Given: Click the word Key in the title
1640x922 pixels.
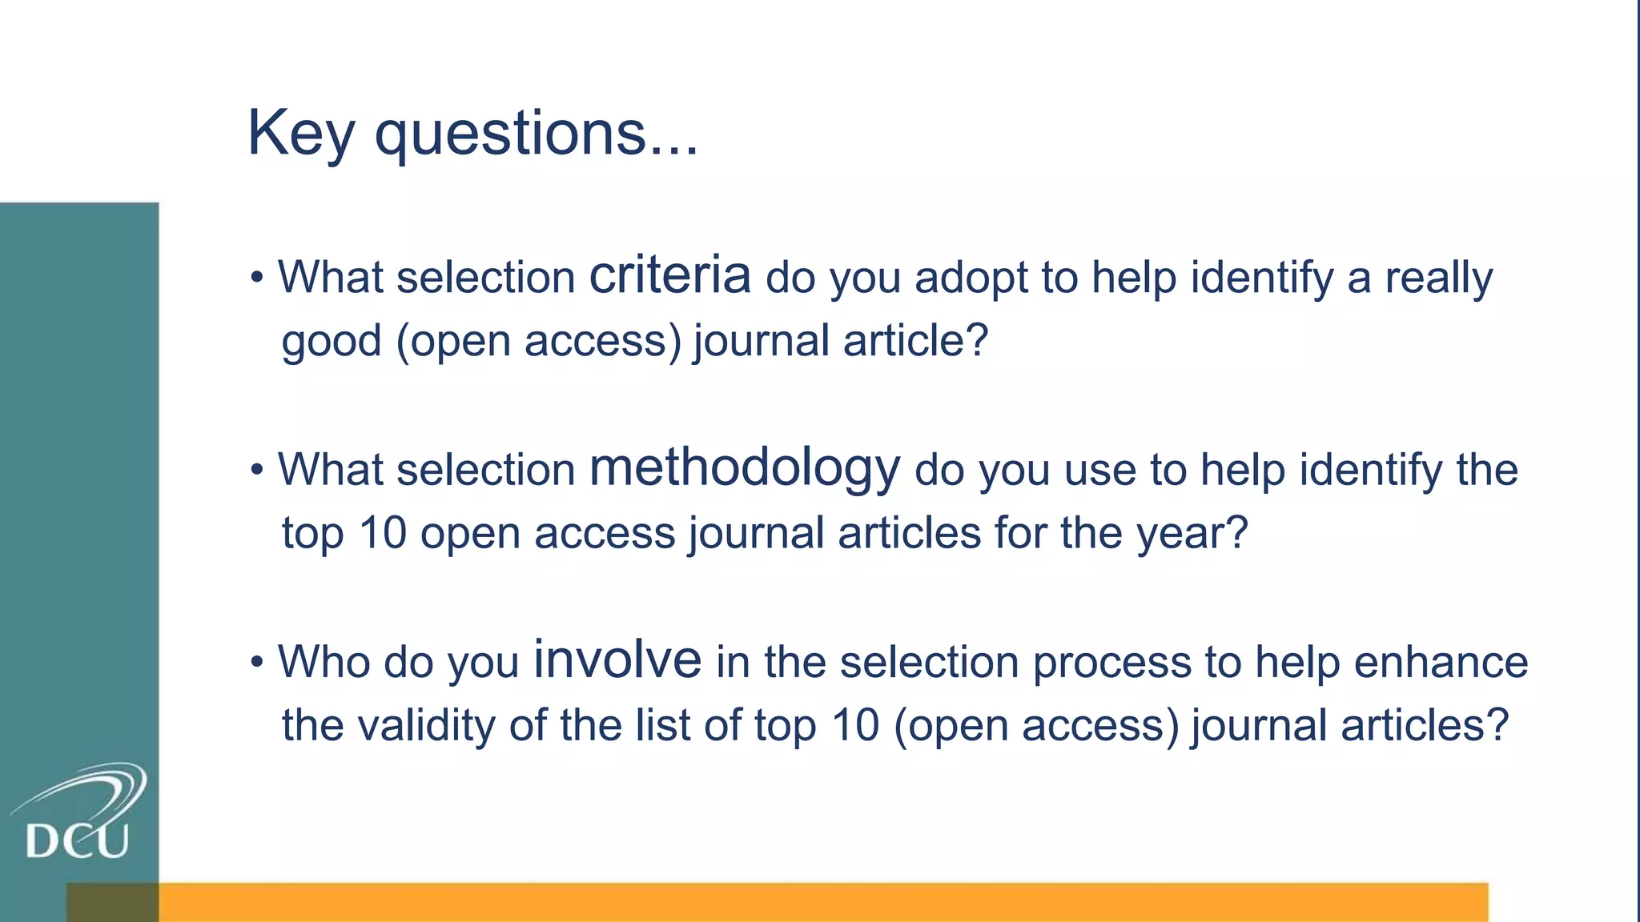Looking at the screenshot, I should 300,134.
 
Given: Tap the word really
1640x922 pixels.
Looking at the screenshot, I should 1438,279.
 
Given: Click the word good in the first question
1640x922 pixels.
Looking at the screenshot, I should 332,342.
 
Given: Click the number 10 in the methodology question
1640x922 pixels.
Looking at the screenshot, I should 383,533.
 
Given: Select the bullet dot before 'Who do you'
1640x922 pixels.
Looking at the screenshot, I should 256,663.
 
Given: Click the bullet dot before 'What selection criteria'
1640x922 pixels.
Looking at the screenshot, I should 256,279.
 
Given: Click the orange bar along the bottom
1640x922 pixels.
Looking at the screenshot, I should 801,903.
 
